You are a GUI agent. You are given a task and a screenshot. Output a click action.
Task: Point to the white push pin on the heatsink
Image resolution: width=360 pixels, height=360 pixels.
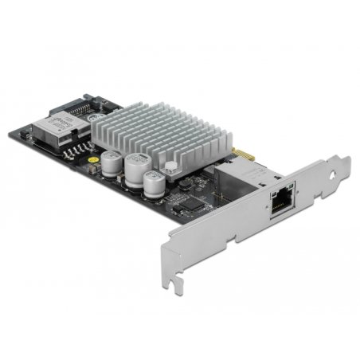[170, 169]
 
